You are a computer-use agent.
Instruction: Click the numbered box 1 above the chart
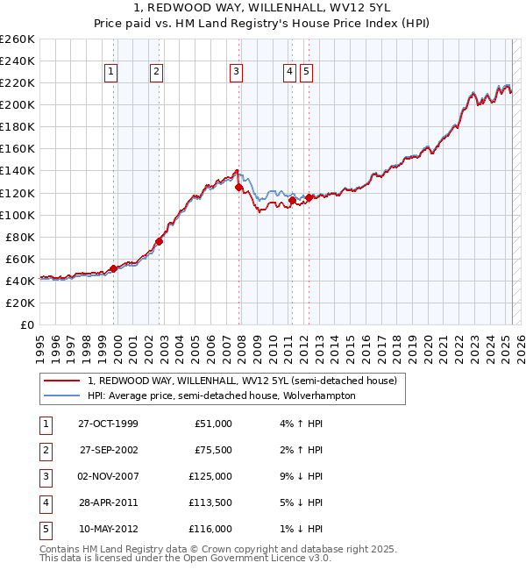click(113, 73)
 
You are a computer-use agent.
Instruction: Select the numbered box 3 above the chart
click(237, 73)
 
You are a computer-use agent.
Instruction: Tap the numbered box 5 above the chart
click(306, 73)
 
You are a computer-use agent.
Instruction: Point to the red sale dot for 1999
click(114, 268)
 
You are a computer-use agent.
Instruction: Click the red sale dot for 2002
click(159, 241)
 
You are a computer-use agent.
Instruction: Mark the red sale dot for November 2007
click(238, 188)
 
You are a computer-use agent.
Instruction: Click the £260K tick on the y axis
click(18, 39)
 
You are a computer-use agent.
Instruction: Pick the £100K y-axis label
click(18, 215)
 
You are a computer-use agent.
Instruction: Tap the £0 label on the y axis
click(27, 324)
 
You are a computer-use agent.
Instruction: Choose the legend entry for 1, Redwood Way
click(242, 381)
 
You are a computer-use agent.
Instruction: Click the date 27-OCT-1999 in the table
click(108, 424)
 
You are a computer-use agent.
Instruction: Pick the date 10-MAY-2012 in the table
click(108, 529)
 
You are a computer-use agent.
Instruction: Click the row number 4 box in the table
click(45, 502)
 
